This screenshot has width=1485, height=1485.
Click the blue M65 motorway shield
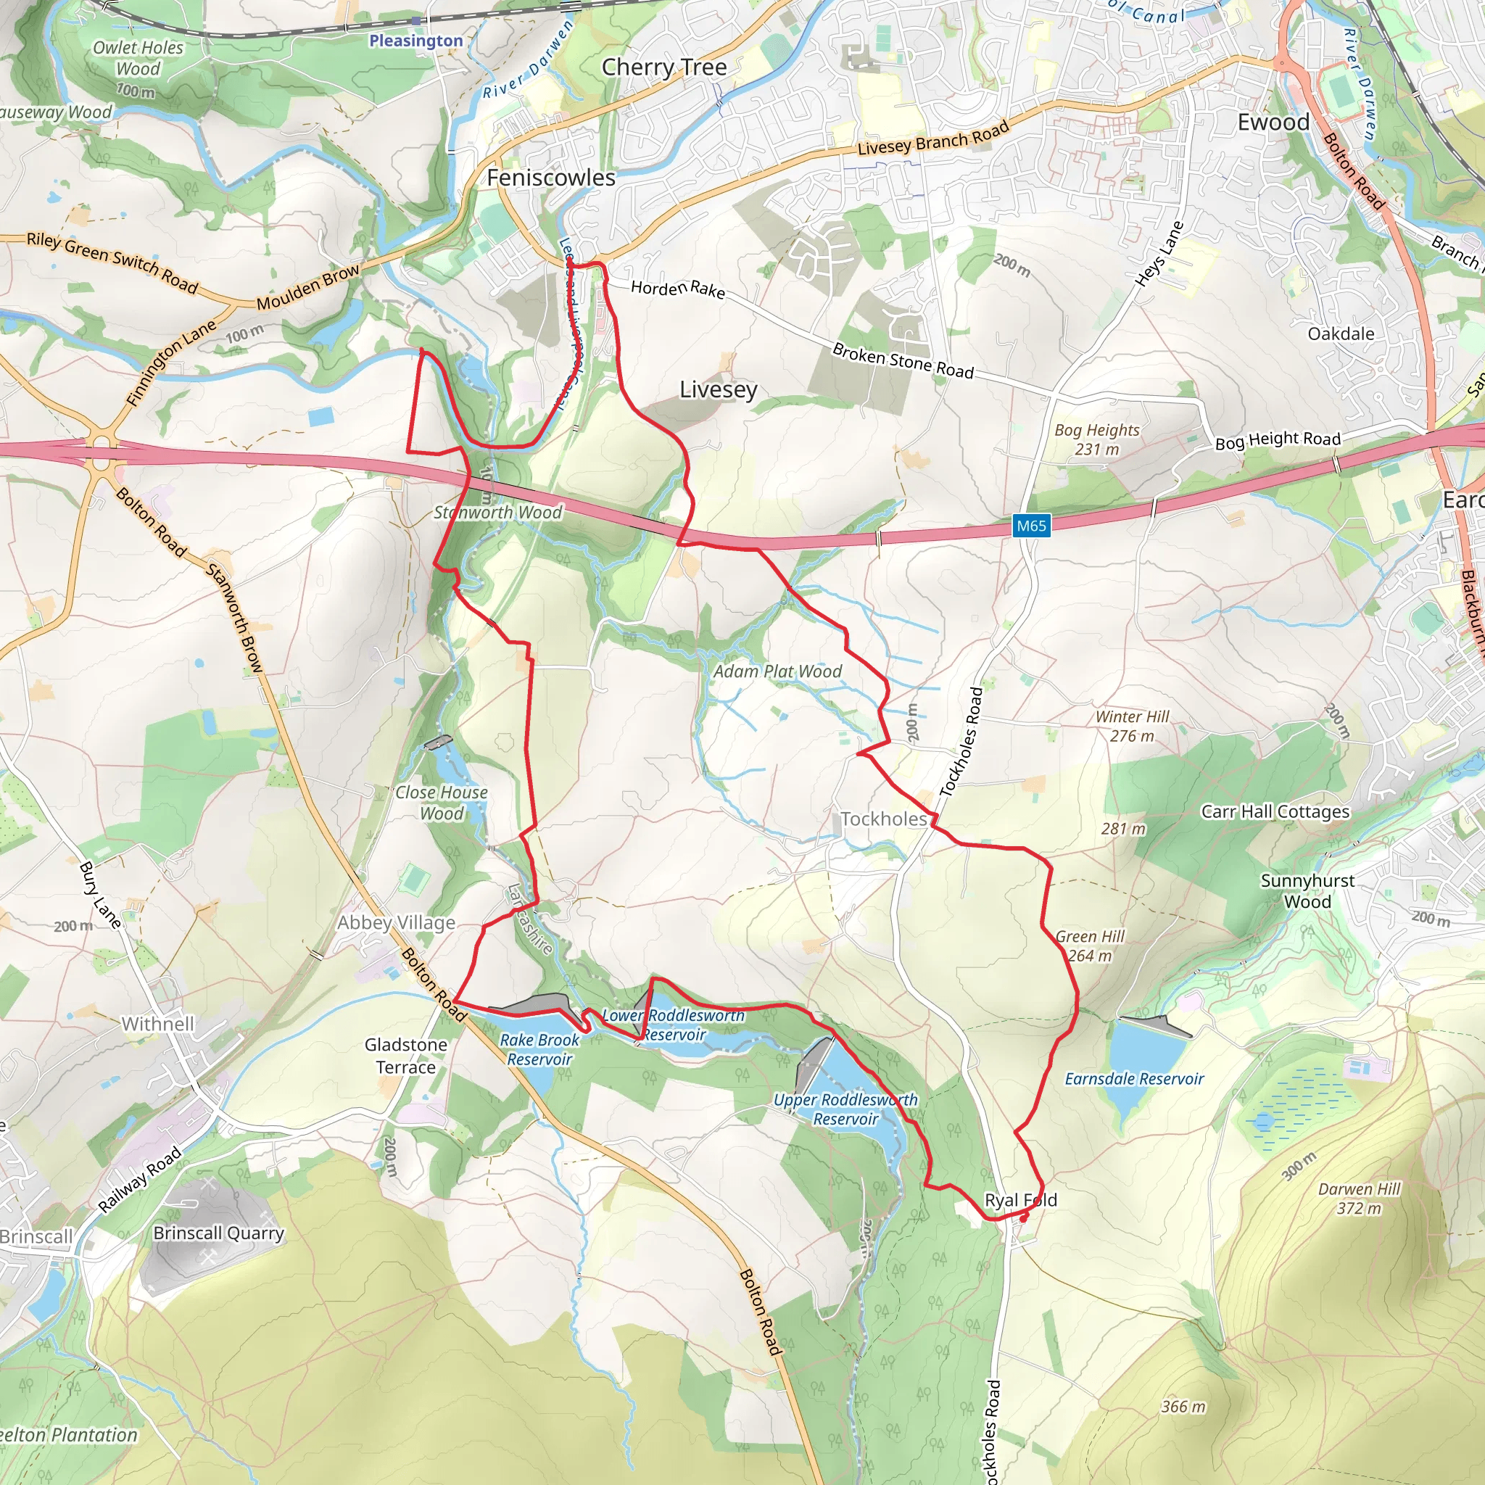pyautogui.click(x=1032, y=526)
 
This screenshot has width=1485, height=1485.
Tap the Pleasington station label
pyautogui.click(x=415, y=41)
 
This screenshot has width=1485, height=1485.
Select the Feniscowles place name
pyautogui.click(x=551, y=178)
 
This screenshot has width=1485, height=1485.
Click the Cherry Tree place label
pyautogui.click(x=664, y=67)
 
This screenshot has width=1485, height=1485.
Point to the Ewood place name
pyautogui.click(x=1273, y=123)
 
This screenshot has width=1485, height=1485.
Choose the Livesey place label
pyautogui.click(x=718, y=389)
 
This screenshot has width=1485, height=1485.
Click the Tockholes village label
pyautogui.click(x=884, y=819)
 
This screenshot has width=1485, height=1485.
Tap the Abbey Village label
pyautogui.click(x=397, y=922)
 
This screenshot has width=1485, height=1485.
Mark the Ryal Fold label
pyautogui.click(x=1021, y=1200)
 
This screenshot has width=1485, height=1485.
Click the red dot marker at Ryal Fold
pyautogui.click(x=1024, y=1217)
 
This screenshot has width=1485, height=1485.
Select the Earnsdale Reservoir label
pyautogui.click(x=1134, y=1079)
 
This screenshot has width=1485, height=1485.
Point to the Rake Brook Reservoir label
pyautogui.click(x=539, y=1049)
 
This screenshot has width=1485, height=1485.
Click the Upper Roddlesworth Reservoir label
pyautogui.click(x=845, y=1109)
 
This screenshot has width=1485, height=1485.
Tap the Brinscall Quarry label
pyautogui.click(x=219, y=1233)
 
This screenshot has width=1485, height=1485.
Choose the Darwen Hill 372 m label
pyautogui.click(x=1359, y=1199)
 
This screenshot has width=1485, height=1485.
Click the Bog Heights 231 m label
pyautogui.click(x=1097, y=439)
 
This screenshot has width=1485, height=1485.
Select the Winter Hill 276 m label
pyautogui.click(x=1132, y=726)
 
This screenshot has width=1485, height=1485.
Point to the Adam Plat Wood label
pyautogui.click(x=777, y=671)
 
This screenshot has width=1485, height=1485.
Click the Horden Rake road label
pyautogui.click(x=678, y=289)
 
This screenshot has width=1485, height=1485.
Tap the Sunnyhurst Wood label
pyautogui.click(x=1307, y=891)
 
